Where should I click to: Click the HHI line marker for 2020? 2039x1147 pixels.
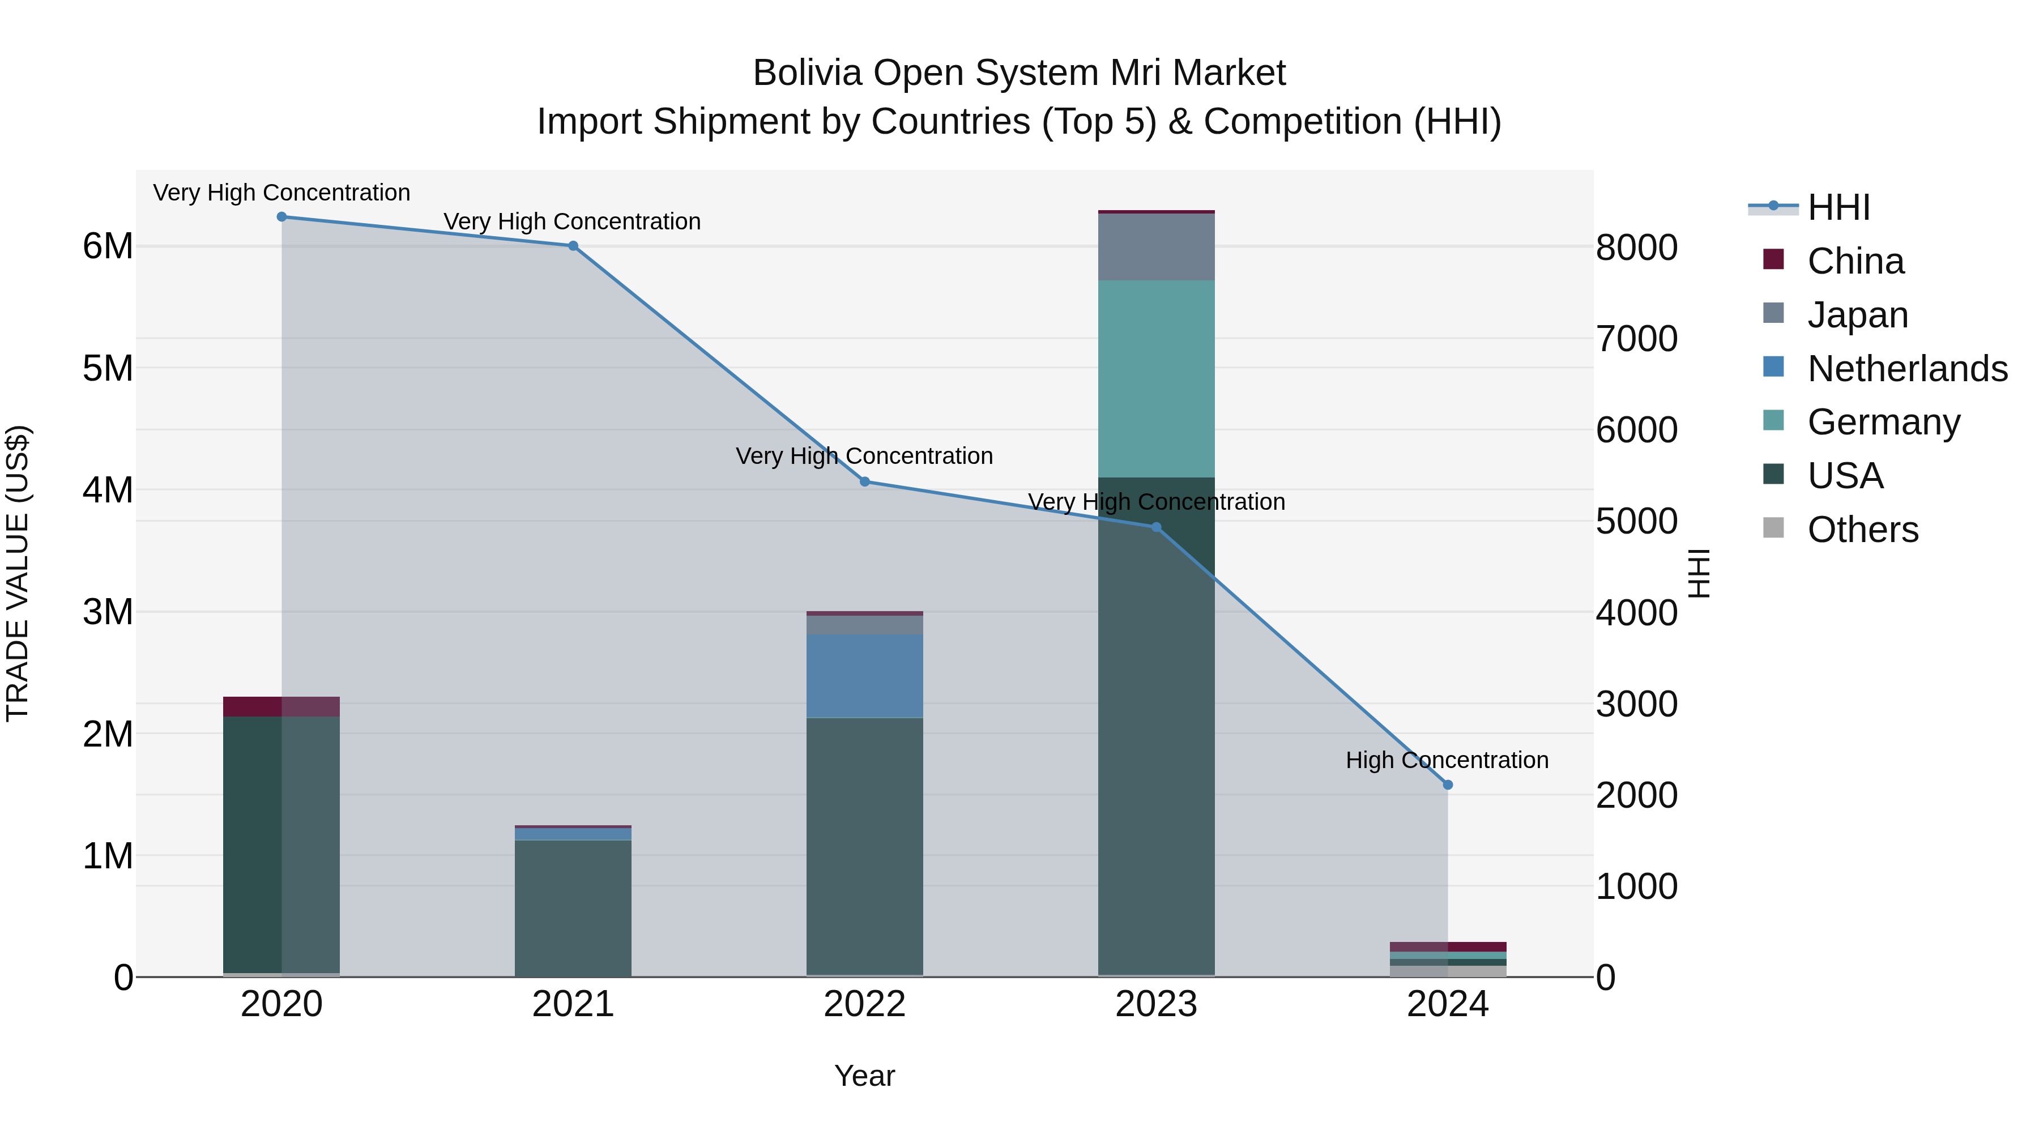point(282,217)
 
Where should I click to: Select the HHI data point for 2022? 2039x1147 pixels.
point(864,481)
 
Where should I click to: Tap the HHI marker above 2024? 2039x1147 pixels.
point(1448,785)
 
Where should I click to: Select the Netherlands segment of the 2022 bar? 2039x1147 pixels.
point(864,675)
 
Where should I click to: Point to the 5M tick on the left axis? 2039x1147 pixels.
point(108,368)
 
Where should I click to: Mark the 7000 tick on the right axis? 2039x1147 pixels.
point(1636,339)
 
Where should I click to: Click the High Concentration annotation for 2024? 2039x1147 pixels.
point(1447,760)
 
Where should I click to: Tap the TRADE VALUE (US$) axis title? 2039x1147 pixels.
point(18,573)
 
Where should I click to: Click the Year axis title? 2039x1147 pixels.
point(864,1076)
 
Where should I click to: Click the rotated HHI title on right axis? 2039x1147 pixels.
point(1699,573)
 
